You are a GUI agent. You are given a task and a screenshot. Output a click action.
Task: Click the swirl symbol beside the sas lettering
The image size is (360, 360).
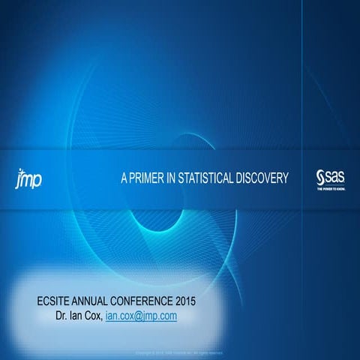click(x=320, y=177)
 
